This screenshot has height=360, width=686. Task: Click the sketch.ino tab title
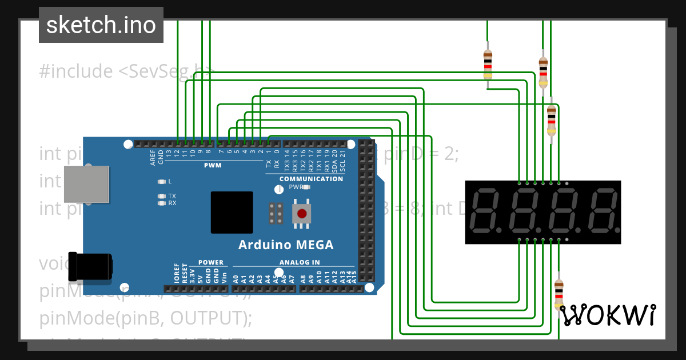tap(101, 25)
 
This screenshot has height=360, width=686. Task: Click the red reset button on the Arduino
tap(302, 215)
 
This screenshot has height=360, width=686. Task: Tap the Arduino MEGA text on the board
tap(285, 245)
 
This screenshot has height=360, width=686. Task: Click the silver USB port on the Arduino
tap(86, 183)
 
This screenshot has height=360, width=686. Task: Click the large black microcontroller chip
tap(232, 213)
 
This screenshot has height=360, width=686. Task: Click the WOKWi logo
tap(607, 315)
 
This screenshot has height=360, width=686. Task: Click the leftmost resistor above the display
tap(488, 64)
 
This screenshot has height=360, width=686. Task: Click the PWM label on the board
tap(213, 165)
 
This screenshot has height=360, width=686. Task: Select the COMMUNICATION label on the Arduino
tap(311, 179)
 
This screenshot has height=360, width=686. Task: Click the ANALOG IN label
tap(300, 262)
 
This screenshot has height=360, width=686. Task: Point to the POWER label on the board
tap(211, 262)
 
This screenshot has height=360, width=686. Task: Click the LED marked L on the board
tap(162, 182)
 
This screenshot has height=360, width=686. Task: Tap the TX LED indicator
tap(162, 196)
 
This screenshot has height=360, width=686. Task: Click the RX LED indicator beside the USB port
tap(162, 203)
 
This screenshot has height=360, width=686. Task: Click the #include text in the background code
tap(76, 71)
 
